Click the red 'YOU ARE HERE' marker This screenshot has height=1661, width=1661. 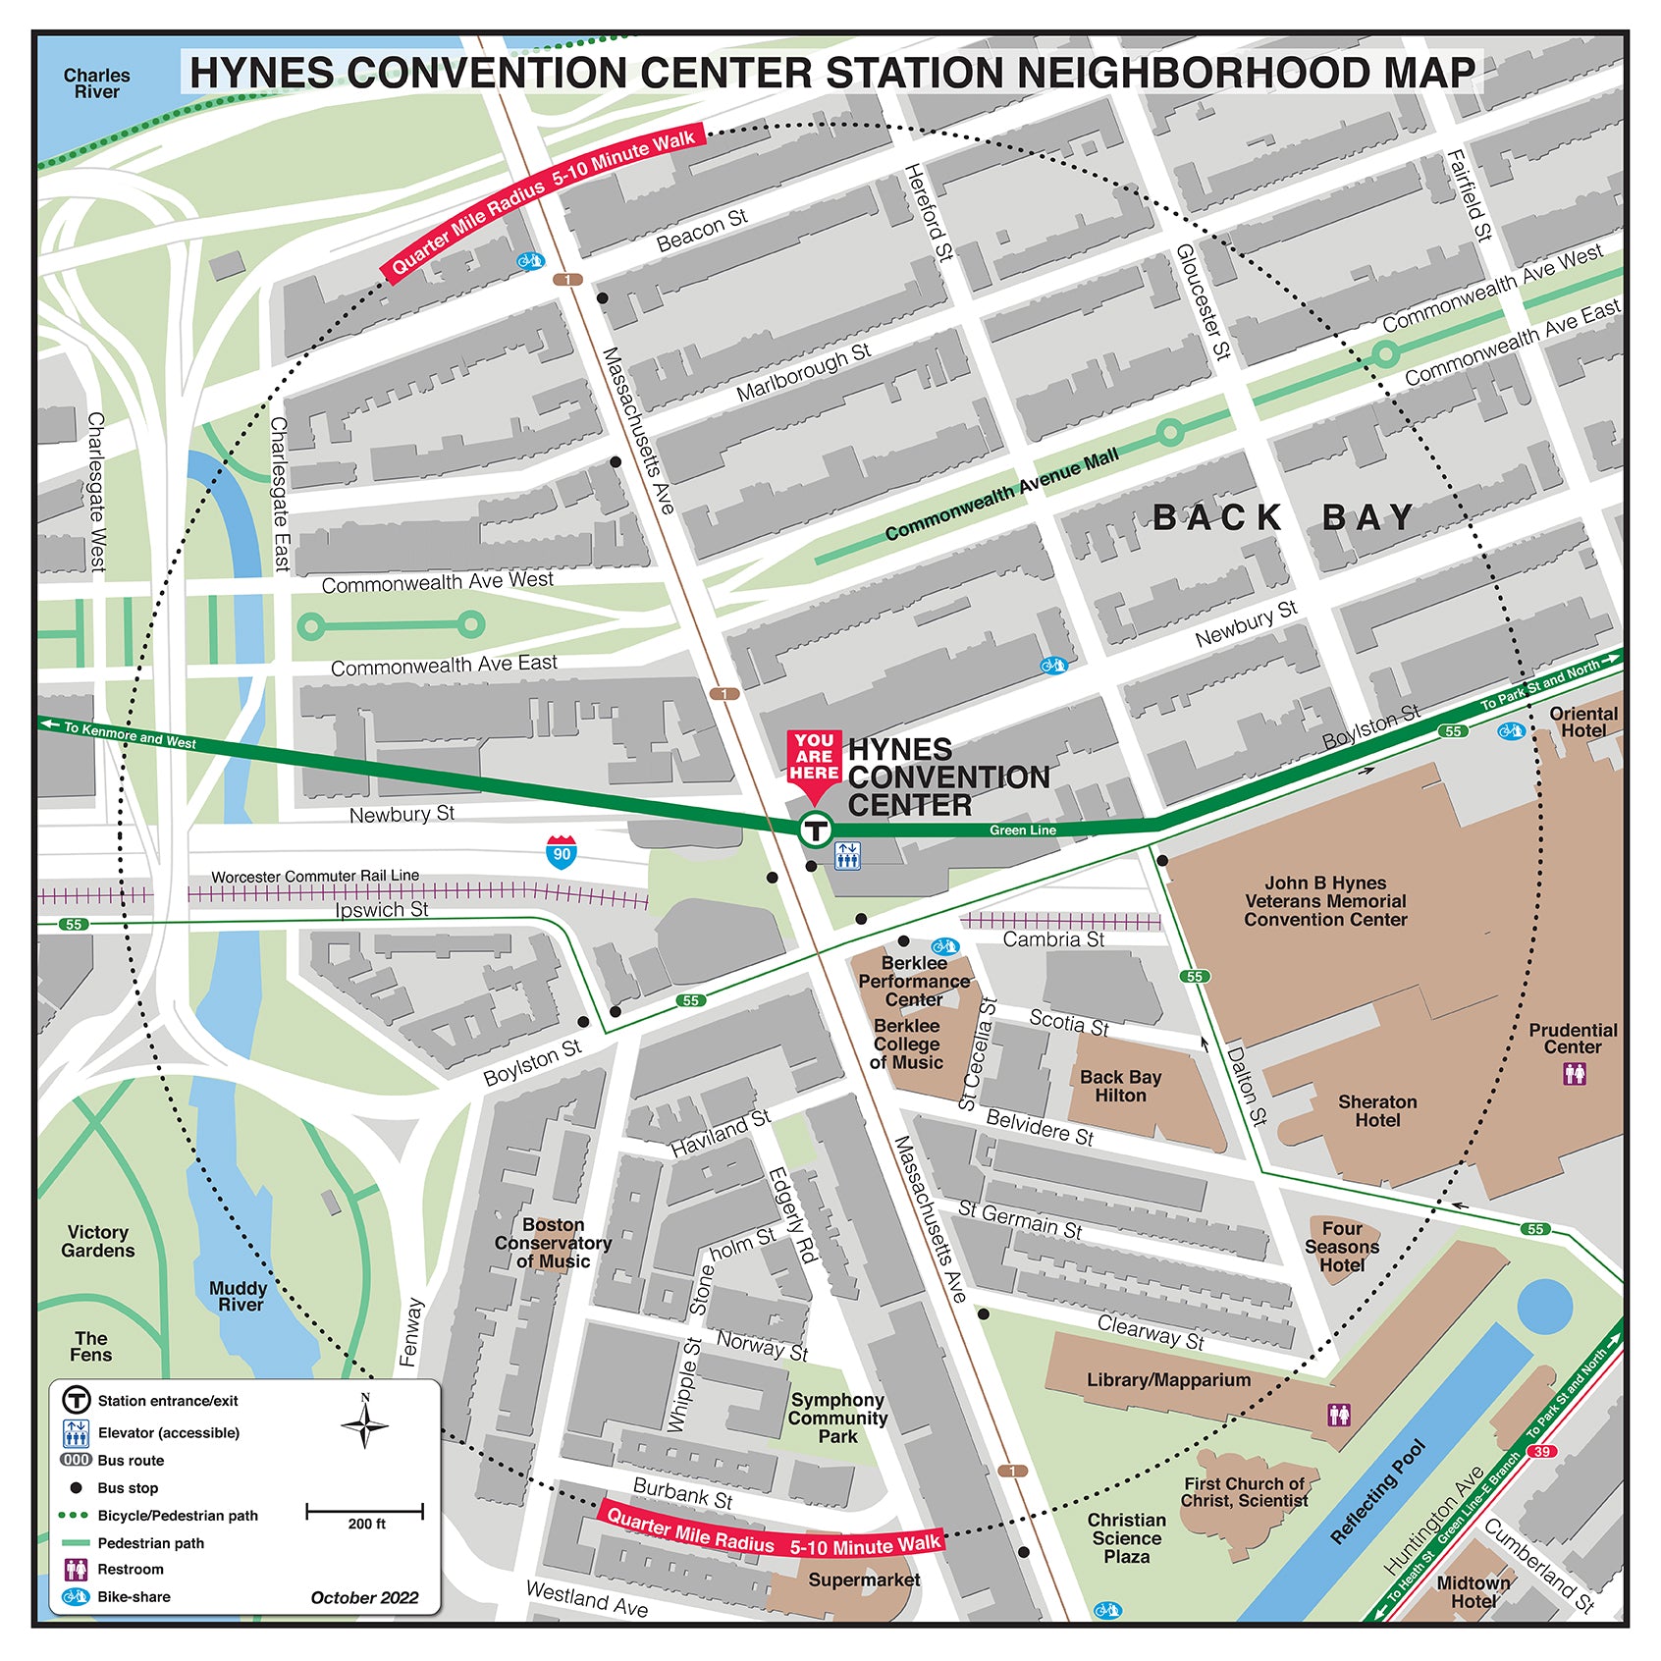814,758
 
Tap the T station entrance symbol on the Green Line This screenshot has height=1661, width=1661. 815,830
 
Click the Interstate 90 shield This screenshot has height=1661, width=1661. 562,851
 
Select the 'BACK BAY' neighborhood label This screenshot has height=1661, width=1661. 1284,517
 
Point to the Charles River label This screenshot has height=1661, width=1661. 96,83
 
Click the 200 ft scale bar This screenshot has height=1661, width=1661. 365,1511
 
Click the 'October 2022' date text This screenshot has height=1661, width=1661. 364,1597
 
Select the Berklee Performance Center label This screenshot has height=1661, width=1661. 914,981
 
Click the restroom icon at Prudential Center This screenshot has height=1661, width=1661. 1575,1074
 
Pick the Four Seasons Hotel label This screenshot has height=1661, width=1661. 1342,1247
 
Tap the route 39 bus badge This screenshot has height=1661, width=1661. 1542,1451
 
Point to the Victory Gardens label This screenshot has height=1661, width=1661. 97,1241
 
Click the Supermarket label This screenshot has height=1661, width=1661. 864,1580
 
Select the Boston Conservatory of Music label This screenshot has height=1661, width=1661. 553,1243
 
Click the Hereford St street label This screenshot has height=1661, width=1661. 929,212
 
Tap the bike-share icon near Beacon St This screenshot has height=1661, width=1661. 530,261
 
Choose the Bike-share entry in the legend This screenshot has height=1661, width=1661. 116,1597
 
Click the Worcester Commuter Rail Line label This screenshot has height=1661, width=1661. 315,876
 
